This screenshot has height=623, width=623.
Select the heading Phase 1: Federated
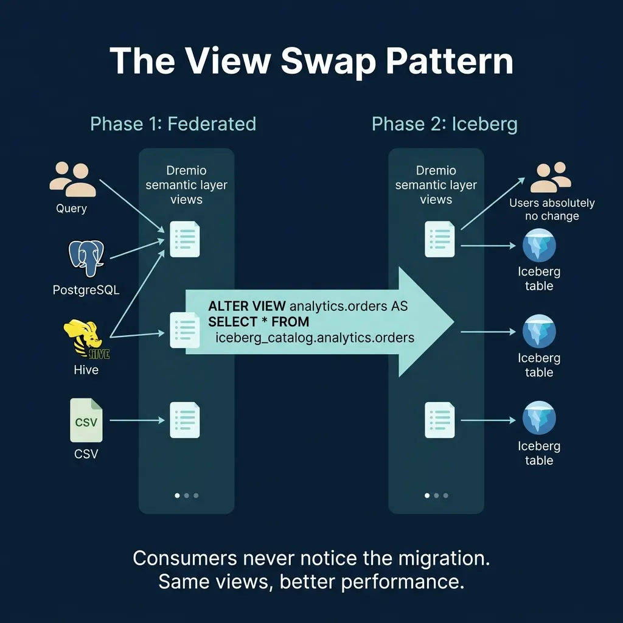(x=173, y=124)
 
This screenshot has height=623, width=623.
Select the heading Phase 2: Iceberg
(x=444, y=124)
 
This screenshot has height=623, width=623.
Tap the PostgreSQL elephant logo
(x=86, y=259)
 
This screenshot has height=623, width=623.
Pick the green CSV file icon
(x=86, y=420)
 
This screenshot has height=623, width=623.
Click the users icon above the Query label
(x=72, y=179)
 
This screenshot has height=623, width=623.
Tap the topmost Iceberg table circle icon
(x=539, y=246)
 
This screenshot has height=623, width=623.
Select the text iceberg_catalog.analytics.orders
(x=315, y=337)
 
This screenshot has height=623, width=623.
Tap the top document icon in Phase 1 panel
(x=185, y=239)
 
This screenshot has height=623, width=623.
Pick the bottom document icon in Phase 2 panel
(x=439, y=420)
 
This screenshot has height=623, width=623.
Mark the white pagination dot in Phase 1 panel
(x=177, y=495)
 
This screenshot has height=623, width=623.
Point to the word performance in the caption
(x=400, y=582)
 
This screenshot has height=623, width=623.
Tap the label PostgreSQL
(x=86, y=290)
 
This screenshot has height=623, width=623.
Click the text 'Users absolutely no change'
(x=551, y=209)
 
